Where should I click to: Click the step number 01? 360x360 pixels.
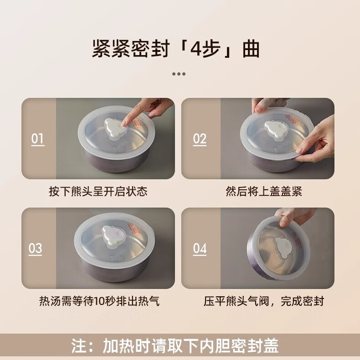pos(38,139)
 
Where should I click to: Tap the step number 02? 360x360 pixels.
pos(200,139)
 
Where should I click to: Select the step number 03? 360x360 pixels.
pos(35,248)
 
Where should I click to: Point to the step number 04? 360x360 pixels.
pos(200,248)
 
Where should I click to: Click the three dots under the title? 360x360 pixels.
pos(179,74)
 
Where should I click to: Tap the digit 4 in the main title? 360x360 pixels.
pos(196,49)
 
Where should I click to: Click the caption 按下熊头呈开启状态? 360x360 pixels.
pos(98,191)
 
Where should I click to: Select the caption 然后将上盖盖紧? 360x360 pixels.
pos(264,191)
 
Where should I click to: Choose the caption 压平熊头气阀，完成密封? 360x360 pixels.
pos(264,301)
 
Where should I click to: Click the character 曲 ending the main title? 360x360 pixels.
pos(251,49)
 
